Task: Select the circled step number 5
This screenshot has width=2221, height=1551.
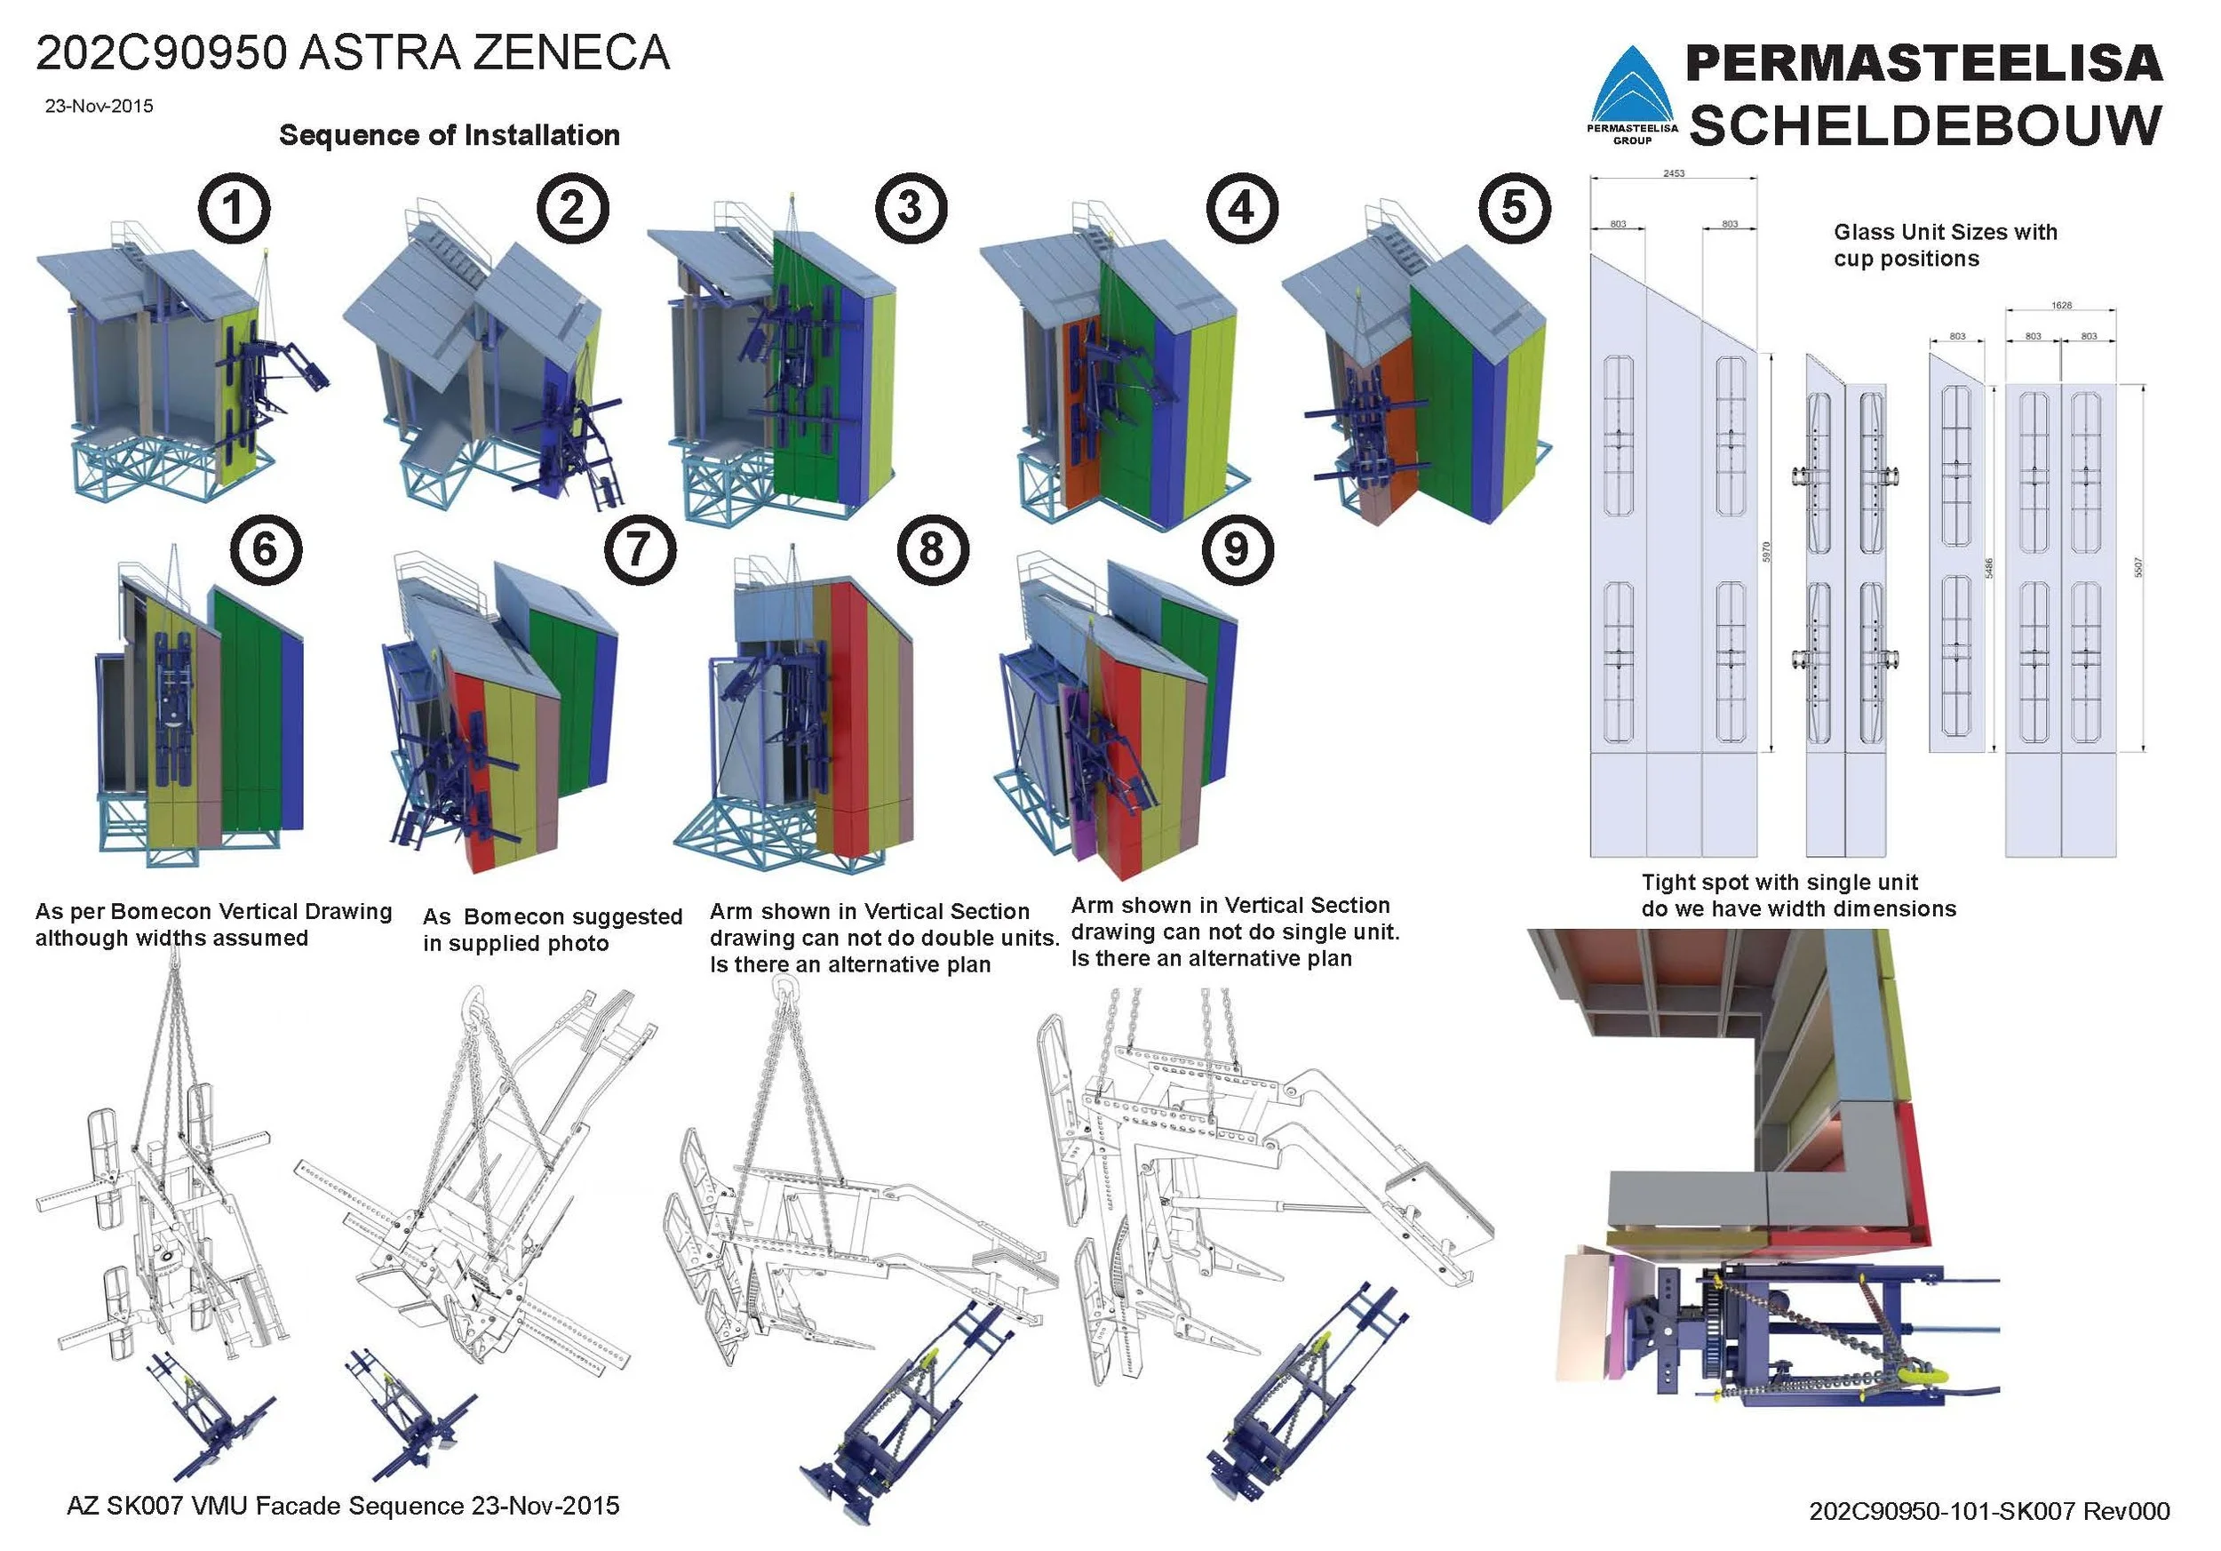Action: [x=1514, y=208]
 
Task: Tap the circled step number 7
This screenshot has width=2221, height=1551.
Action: [x=640, y=549]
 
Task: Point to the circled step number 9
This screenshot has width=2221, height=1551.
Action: [x=1238, y=549]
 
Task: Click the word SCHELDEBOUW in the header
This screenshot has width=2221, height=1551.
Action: [x=1925, y=127]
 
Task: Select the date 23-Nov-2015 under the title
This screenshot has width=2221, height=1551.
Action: [x=99, y=107]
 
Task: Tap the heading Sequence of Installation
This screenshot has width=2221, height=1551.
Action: [x=449, y=134]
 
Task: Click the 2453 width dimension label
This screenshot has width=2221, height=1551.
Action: [x=1674, y=174]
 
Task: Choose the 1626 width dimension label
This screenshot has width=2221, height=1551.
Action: [x=2061, y=306]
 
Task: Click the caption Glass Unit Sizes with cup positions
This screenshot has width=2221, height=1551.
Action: [x=1945, y=244]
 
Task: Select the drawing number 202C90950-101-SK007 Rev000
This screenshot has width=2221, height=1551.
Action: [x=1989, y=1510]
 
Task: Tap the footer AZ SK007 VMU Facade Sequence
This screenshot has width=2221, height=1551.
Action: [x=342, y=1506]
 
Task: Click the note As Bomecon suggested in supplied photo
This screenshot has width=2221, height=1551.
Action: [x=553, y=930]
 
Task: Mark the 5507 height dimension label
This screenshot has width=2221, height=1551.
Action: [x=2138, y=568]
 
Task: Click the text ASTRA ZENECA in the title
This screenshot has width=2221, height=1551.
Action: [x=483, y=53]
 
